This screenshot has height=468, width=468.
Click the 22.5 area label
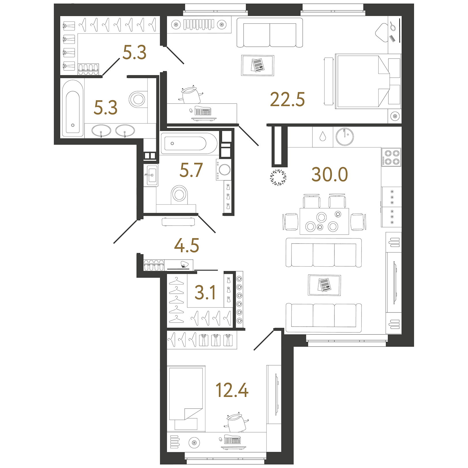287,99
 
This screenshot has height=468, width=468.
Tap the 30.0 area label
330,174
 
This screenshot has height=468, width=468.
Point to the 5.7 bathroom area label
191,170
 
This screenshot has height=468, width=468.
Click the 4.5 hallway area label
187,246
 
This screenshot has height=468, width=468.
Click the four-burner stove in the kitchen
391,157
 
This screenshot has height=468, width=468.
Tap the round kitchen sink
345,137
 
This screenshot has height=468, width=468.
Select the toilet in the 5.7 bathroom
179,195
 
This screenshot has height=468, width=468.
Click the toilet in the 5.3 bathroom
138,99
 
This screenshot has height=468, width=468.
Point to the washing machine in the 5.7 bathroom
224,170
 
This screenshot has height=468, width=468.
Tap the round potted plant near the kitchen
278,177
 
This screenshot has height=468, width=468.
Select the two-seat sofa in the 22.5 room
270,33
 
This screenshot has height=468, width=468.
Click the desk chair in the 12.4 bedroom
237,423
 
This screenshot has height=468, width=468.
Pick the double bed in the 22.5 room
368,81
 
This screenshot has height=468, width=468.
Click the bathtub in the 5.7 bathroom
189,143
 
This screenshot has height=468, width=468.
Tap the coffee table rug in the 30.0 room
325,285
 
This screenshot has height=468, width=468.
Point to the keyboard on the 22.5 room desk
203,111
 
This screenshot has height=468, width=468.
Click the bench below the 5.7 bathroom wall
178,222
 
